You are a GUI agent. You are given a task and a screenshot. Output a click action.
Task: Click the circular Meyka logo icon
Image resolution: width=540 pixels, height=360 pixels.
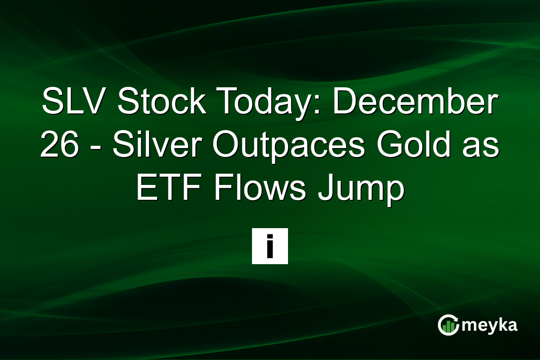coord(448,325)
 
